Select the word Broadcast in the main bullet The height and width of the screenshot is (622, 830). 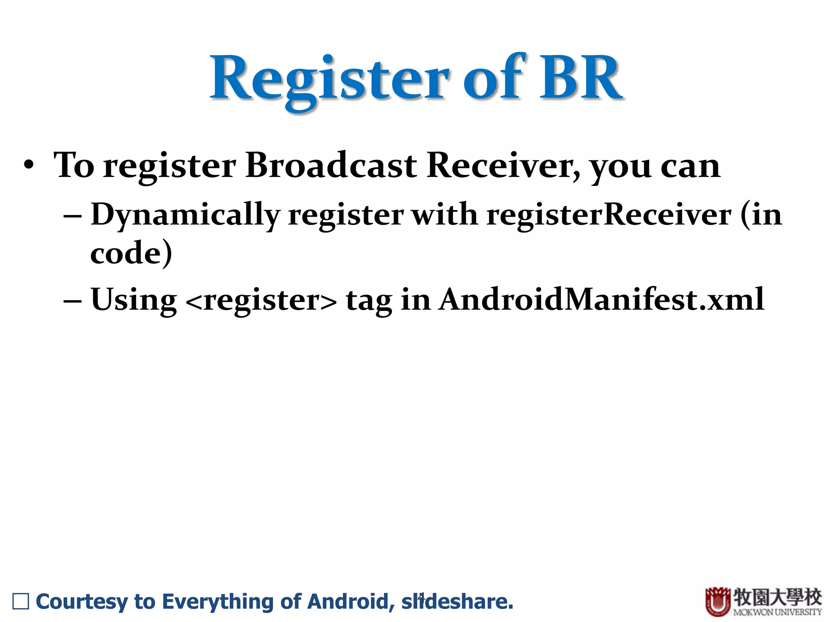pos(331,165)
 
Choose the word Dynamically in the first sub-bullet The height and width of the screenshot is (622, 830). pos(186,215)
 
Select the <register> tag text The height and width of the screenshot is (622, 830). pos(261,300)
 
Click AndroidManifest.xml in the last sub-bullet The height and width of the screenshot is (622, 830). pos(601,299)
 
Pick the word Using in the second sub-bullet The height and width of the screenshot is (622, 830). pos(134,300)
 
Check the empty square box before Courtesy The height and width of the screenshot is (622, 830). pos(21,601)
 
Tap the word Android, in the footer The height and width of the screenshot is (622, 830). pos(351,601)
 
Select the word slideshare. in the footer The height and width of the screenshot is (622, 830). pos(457,601)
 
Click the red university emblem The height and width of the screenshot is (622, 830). pos(718,602)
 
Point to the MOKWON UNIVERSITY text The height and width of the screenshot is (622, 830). pos(777,612)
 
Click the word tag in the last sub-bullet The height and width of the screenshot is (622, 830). pos(369,300)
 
